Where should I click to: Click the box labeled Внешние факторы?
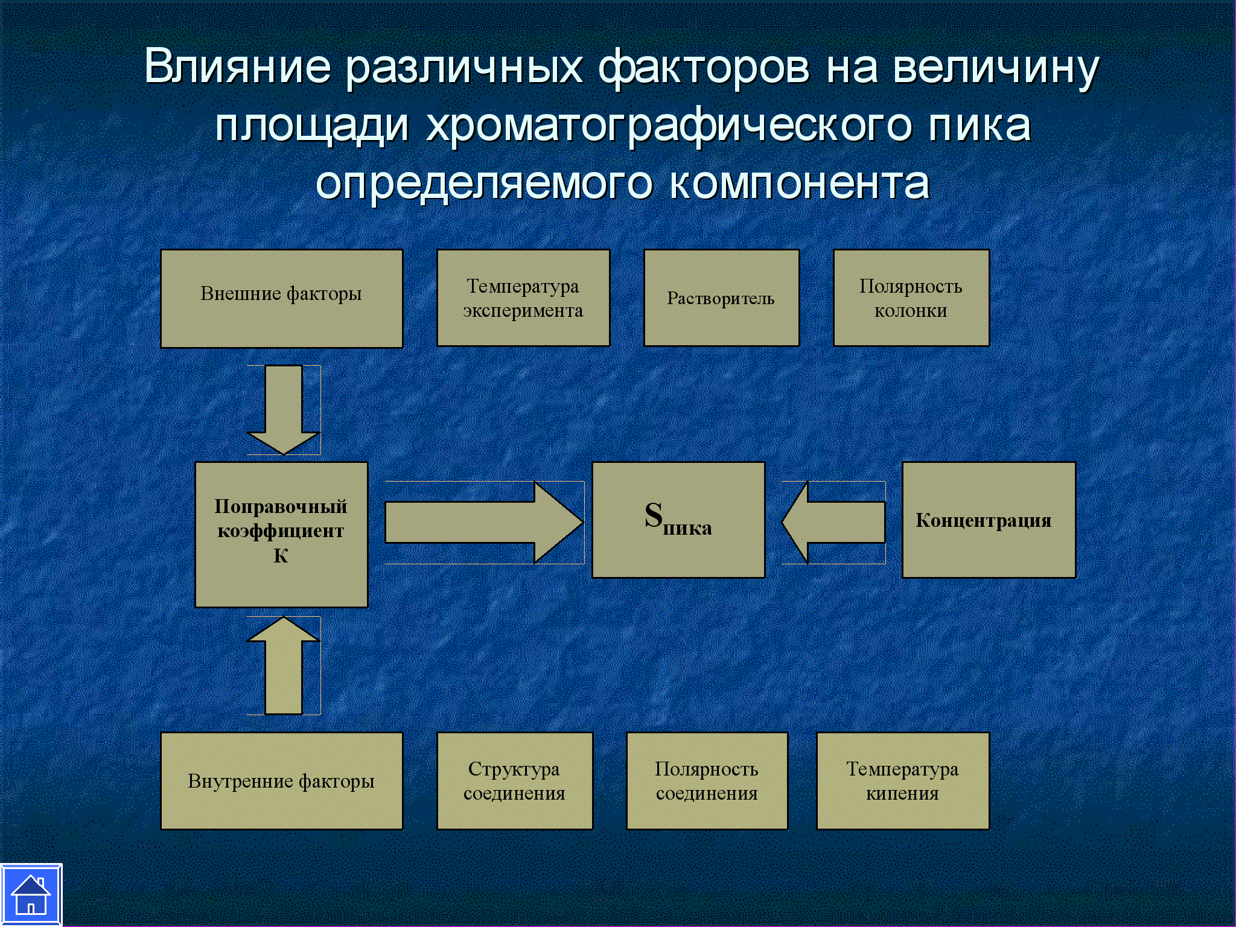pos(282,299)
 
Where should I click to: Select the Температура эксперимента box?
pos(523,298)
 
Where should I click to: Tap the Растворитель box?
pos(722,298)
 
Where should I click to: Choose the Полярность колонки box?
pos(911,298)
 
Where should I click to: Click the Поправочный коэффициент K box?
pos(281,535)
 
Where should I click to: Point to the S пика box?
pos(678,520)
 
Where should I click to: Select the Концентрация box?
pos(989,520)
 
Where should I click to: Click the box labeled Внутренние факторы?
pos(282,781)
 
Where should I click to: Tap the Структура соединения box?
pos(515,781)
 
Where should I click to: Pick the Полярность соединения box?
pos(707,781)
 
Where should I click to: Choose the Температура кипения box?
pos(903,781)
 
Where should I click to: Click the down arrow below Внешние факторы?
pos(283,410)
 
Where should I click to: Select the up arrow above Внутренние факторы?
pos(283,665)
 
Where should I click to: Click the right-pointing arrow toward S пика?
pos(484,523)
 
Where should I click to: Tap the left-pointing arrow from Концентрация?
pos(833,523)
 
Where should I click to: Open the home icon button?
pos(31,895)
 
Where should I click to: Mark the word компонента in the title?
pos(800,183)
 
